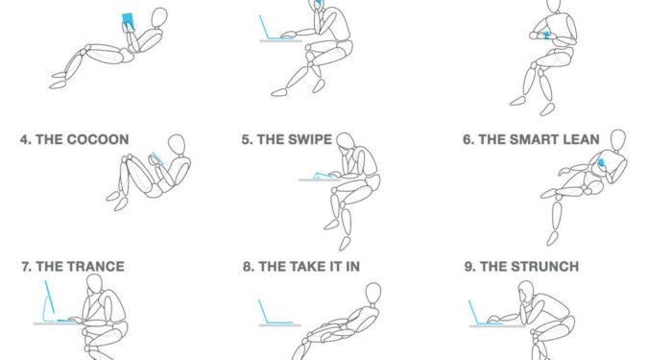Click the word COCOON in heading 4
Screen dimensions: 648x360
click(x=98, y=139)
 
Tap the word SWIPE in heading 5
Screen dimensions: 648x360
click(x=310, y=139)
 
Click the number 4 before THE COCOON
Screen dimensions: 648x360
click(x=25, y=139)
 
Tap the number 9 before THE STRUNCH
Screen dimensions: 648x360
click(x=469, y=267)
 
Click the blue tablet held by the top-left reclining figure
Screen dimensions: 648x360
click(x=129, y=21)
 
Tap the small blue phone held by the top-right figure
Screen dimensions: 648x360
click(x=546, y=36)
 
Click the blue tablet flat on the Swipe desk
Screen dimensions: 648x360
click(x=324, y=176)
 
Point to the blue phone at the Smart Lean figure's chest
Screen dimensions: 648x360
click(x=601, y=162)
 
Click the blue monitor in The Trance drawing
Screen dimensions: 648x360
click(x=51, y=300)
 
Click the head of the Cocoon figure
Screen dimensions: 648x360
click(x=177, y=145)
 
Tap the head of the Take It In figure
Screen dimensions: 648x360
click(x=373, y=294)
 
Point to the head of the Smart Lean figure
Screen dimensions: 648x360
click(x=618, y=140)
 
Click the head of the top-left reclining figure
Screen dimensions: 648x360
click(x=159, y=18)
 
